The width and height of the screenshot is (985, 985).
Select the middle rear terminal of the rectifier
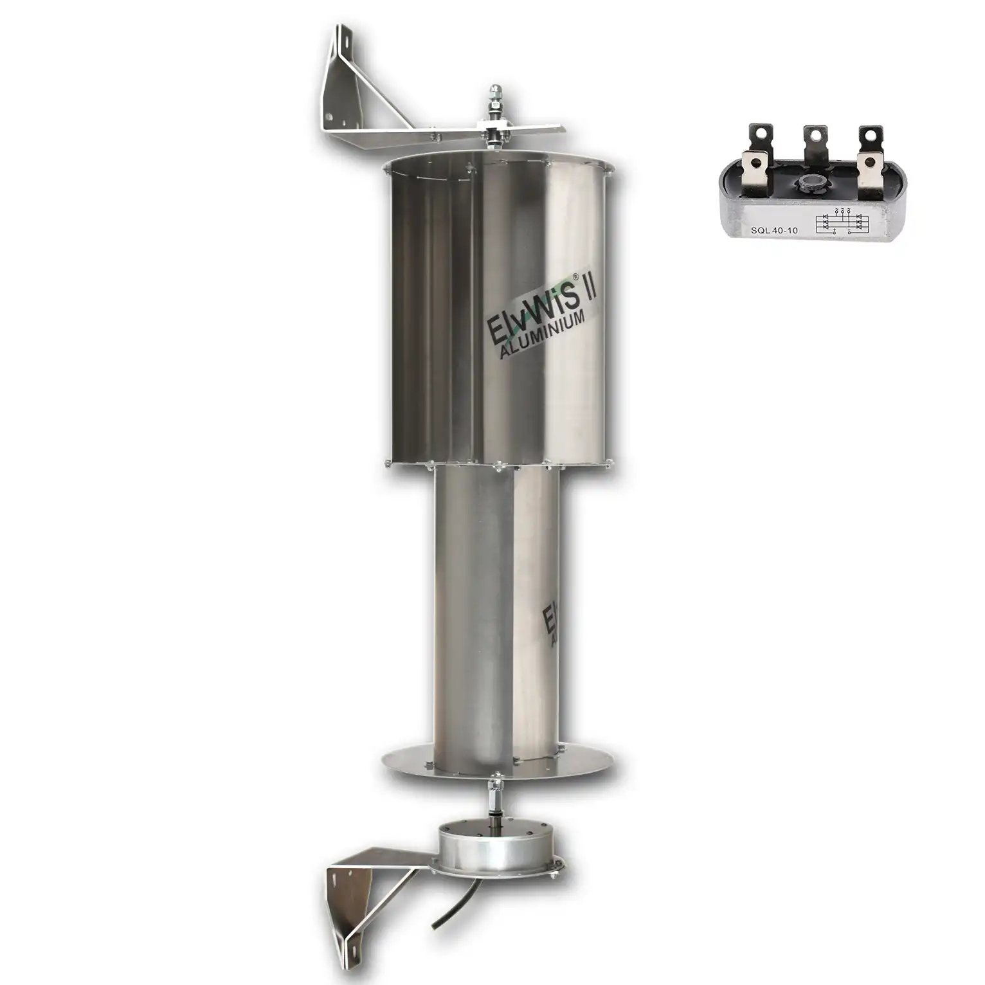click(x=815, y=138)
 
